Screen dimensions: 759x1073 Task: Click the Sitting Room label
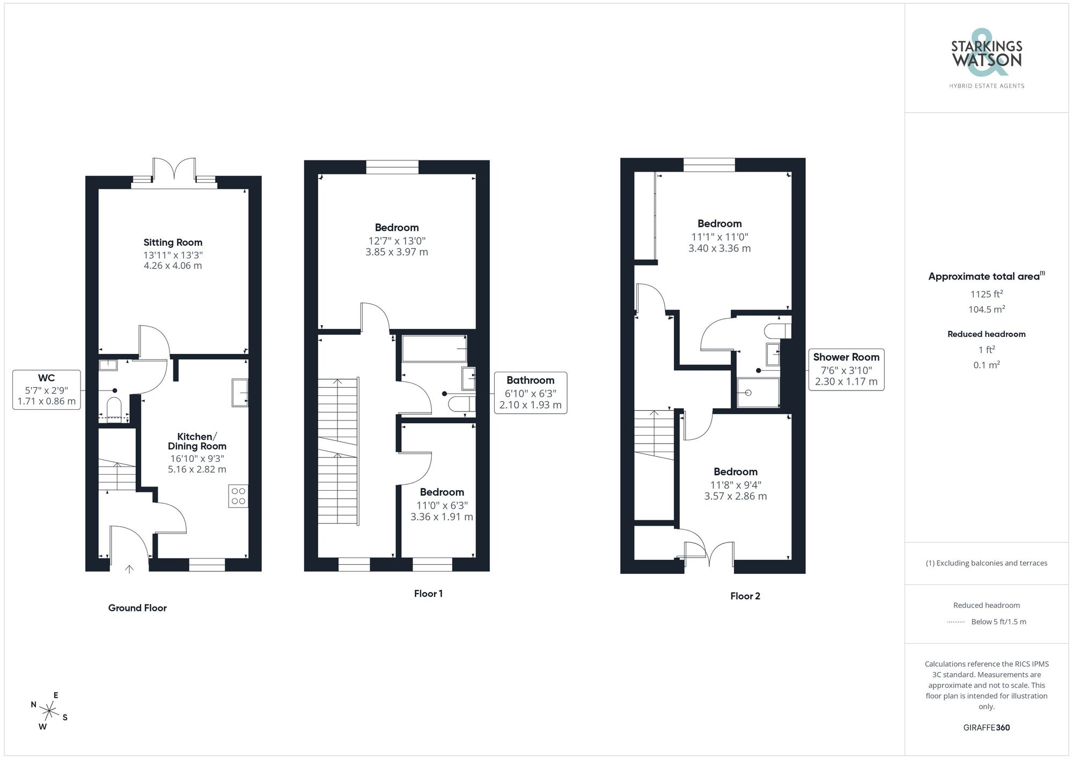pyautogui.click(x=173, y=242)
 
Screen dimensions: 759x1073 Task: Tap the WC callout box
pyautogui.click(x=47, y=389)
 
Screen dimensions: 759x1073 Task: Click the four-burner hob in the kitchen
pyautogui.click(x=238, y=496)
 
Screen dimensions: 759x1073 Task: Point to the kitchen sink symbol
pyautogui.click(x=240, y=393)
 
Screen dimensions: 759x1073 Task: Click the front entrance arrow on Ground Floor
pyautogui.click(x=129, y=569)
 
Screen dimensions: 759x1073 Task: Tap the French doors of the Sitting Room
pyautogui.click(x=174, y=171)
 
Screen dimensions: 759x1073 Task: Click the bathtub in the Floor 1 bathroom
pyautogui.click(x=434, y=349)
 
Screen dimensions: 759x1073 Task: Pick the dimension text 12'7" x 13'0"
pyautogui.click(x=396, y=241)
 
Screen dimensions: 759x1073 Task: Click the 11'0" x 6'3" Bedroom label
pyautogui.click(x=442, y=492)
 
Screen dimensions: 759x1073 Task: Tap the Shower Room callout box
pyautogui.click(x=846, y=370)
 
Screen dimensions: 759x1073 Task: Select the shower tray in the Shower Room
pyautogui.click(x=758, y=393)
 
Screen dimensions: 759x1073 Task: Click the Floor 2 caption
pyautogui.click(x=745, y=596)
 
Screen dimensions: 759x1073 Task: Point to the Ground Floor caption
pyautogui.click(x=137, y=608)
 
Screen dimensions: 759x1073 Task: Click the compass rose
pyautogui.click(x=49, y=712)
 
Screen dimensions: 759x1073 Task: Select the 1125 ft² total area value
pyautogui.click(x=986, y=294)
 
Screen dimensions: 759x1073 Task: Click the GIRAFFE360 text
pyautogui.click(x=986, y=727)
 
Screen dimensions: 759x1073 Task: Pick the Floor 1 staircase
pyautogui.click(x=338, y=451)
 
